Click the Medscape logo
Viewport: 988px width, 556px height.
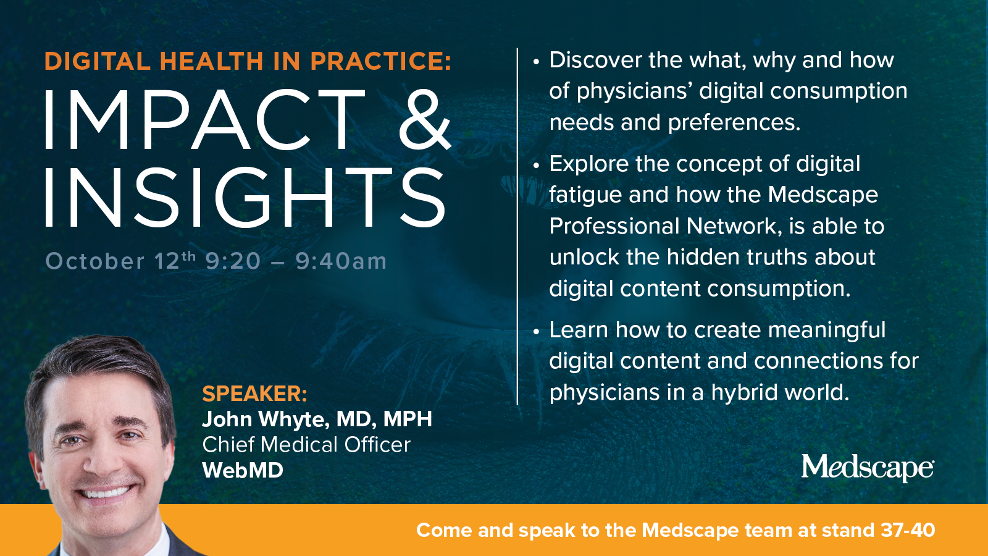pos(867,468)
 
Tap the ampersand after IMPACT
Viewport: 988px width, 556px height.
pos(425,120)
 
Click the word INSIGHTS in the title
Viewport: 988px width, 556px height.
pos(245,198)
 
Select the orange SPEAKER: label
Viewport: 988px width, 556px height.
pos(254,393)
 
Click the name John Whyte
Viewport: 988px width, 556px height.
pos(266,419)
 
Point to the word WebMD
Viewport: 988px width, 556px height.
pos(243,470)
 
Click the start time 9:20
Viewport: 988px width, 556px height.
pos(233,261)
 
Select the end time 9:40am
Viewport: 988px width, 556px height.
pos(341,261)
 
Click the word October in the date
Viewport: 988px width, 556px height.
pos(95,261)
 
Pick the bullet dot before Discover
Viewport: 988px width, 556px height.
pos(536,62)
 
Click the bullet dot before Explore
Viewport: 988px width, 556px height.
pos(536,166)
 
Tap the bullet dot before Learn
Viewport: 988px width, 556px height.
pos(536,331)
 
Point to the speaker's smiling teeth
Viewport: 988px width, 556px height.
pos(106,491)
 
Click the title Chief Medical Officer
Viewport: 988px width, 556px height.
pos(306,445)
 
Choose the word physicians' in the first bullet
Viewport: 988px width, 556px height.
pos(634,92)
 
